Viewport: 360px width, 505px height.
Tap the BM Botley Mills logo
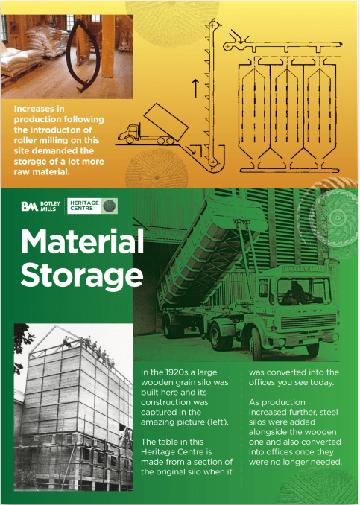40,206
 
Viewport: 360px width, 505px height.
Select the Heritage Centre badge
92,206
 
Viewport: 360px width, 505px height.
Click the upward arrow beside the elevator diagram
195,89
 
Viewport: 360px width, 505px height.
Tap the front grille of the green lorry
308,322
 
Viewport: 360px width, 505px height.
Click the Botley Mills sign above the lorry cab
303,269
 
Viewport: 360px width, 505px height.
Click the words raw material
42,171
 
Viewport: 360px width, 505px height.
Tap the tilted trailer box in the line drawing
166,122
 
